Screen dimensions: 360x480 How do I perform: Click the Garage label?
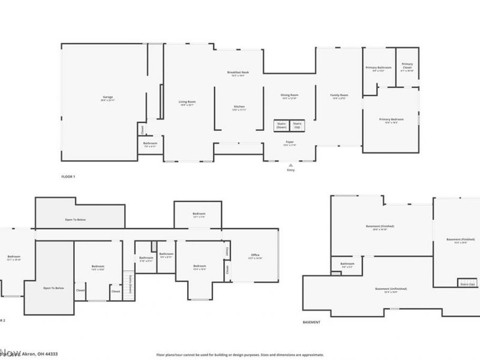click(107, 97)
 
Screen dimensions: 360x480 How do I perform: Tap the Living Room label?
click(187, 102)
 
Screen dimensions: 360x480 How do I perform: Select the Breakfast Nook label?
click(238, 73)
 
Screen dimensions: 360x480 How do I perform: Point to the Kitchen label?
click(239, 107)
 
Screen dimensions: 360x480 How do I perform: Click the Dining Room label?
click(290, 95)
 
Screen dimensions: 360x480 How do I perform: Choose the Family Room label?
click(340, 95)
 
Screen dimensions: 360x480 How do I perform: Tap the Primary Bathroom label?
click(379, 68)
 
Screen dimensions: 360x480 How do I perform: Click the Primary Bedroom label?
click(391, 119)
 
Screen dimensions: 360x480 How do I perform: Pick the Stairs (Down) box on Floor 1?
click(281, 125)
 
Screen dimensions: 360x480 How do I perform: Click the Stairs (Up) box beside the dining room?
click(297, 125)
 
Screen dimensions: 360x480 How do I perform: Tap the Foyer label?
click(290, 142)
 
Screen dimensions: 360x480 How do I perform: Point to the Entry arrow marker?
click(291, 164)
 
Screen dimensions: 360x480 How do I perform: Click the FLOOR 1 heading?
click(68, 177)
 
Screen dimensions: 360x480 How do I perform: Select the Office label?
click(256, 256)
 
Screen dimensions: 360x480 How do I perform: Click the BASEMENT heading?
click(311, 322)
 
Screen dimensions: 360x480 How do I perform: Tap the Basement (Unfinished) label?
click(386, 289)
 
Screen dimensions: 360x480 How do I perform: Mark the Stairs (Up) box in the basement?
click(467, 283)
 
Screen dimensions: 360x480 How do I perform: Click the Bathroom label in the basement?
click(347, 264)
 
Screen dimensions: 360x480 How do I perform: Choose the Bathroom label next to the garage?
click(150, 144)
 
